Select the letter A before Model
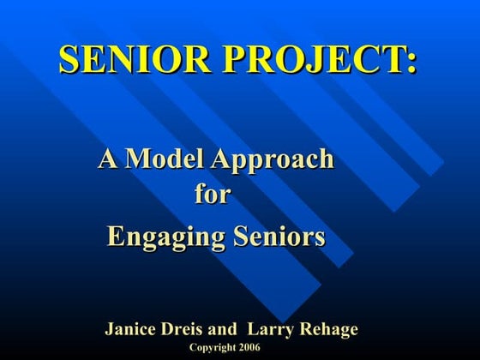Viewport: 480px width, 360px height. tap(108, 159)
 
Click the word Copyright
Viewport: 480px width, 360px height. tap(211, 346)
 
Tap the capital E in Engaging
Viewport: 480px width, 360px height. tap(116, 234)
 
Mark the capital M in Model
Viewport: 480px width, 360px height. tap(139, 159)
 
